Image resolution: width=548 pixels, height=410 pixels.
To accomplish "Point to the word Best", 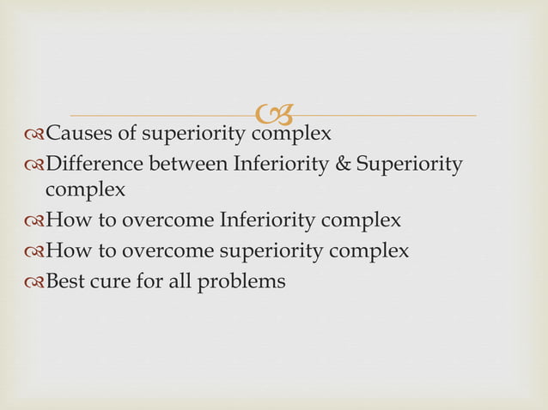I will coord(65,280).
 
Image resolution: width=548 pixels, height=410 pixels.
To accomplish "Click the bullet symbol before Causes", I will coord(34,135).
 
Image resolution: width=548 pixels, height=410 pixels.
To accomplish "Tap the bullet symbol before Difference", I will coord(34,164).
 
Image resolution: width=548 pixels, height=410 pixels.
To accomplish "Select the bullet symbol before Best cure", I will coord(34,280).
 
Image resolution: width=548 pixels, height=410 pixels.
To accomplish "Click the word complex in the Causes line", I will coord(291,135).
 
